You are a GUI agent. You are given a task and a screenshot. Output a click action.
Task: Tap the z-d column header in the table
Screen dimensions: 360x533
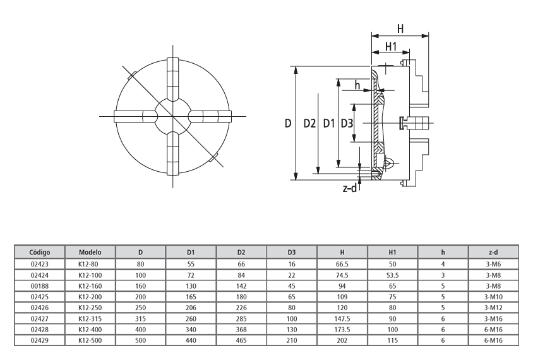[494, 252]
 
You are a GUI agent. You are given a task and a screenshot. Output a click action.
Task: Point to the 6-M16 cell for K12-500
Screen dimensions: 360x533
[494, 340]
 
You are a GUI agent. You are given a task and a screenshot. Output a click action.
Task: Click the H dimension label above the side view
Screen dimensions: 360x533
[400, 28]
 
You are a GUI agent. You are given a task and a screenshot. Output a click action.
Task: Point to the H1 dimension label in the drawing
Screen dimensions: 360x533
[391, 47]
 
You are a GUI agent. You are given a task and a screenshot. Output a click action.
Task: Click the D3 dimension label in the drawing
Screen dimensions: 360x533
[347, 124]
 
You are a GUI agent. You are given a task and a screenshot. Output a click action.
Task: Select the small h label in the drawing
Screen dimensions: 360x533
[358, 85]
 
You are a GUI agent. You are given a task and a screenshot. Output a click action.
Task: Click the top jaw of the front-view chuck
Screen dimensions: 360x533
[172, 78]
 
